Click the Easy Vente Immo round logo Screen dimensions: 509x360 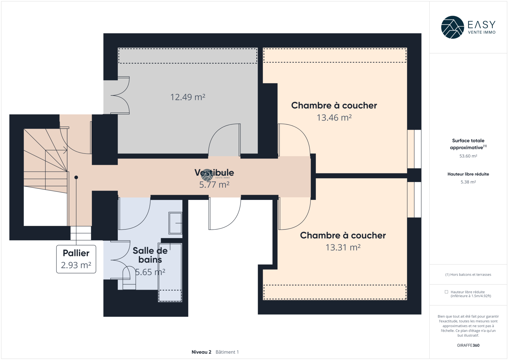(x=452, y=27)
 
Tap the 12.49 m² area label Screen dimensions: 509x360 (x=188, y=97)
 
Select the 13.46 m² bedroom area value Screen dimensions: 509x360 (x=334, y=117)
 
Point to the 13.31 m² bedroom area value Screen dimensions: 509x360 (x=343, y=247)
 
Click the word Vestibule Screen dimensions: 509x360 (x=214, y=173)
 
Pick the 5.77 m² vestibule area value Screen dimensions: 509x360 (x=214, y=185)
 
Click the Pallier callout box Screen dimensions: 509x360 (x=76, y=259)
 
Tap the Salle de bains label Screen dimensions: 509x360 (x=150, y=255)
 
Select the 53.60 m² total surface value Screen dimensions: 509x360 (x=468, y=156)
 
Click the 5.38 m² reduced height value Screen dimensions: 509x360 (x=468, y=182)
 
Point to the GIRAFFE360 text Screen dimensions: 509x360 (x=468, y=345)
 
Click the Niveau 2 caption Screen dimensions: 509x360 (x=201, y=352)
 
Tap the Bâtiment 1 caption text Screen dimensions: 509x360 (x=227, y=352)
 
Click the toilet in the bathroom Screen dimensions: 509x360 (x=129, y=278)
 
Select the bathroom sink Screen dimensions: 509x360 (x=175, y=223)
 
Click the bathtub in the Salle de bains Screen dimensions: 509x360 (x=170, y=272)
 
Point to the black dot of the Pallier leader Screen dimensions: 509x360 (x=76, y=177)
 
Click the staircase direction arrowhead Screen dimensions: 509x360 (x=66, y=150)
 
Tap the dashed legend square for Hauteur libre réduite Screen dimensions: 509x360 (x=446, y=292)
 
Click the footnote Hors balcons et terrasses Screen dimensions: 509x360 (x=468, y=274)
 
